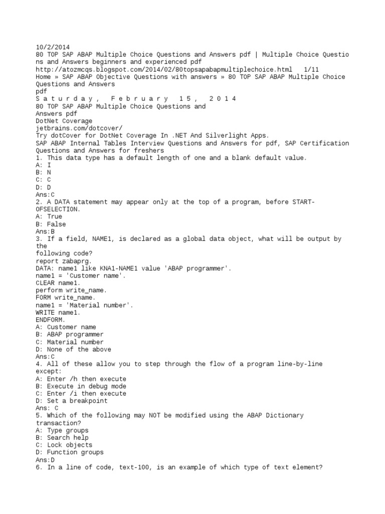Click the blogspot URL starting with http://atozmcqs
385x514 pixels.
[163, 69]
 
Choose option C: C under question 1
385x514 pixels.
[43, 180]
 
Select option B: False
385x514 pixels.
[51, 224]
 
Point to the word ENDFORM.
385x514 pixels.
[51, 320]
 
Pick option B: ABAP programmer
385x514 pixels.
[70, 334]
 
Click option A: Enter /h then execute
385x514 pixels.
[81, 379]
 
